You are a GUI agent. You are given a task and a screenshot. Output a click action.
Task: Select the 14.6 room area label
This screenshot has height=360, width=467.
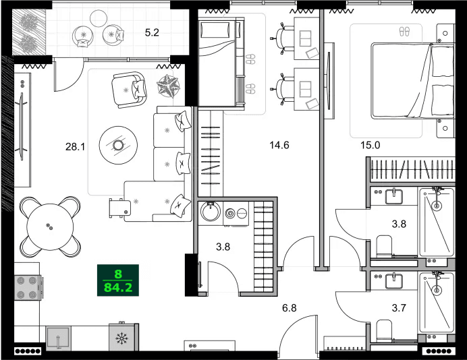(x=279, y=144)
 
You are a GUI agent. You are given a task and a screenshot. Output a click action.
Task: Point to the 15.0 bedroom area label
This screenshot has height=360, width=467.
(x=370, y=144)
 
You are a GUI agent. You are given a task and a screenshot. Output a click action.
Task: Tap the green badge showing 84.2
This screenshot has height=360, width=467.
(x=118, y=281)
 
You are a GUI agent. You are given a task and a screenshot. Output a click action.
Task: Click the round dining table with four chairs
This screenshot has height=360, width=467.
(x=48, y=227)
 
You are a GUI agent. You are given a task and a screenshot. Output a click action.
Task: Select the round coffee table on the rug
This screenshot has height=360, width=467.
(x=118, y=144)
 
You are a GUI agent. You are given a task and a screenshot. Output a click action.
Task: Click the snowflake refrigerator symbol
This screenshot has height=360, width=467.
(x=123, y=338)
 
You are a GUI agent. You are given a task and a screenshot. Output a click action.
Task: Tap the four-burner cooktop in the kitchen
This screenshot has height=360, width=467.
(x=28, y=289)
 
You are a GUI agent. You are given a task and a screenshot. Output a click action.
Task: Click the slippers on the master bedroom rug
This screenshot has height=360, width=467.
(x=404, y=31)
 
